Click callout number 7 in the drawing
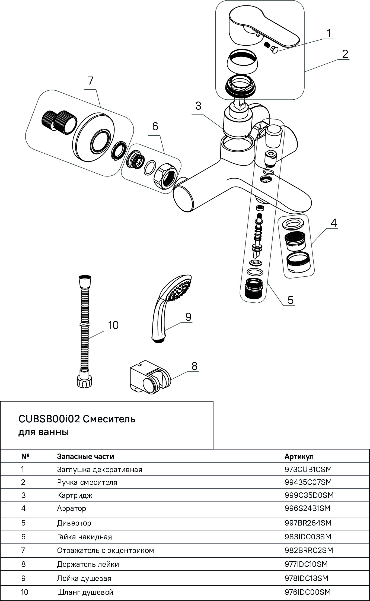point(90,81)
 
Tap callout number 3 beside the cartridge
point(198,106)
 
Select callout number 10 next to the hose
point(113,325)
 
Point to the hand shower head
point(178,290)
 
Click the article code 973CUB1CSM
point(308,469)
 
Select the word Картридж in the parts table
point(75,495)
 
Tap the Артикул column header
point(299,456)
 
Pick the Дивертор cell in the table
point(74,523)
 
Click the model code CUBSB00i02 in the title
point(49,419)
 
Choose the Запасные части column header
point(85,456)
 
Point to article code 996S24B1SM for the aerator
point(307,508)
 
